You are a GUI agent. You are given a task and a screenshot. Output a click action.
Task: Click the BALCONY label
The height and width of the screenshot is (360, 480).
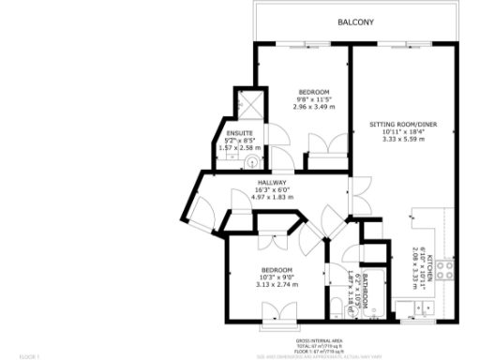click(x=355, y=22)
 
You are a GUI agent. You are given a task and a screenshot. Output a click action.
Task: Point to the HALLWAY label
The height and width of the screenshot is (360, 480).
click(x=272, y=182)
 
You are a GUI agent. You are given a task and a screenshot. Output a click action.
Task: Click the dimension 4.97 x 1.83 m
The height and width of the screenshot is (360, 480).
click(x=272, y=198)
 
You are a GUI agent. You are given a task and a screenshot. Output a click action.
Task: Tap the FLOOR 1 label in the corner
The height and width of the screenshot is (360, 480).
click(x=29, y=355)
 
